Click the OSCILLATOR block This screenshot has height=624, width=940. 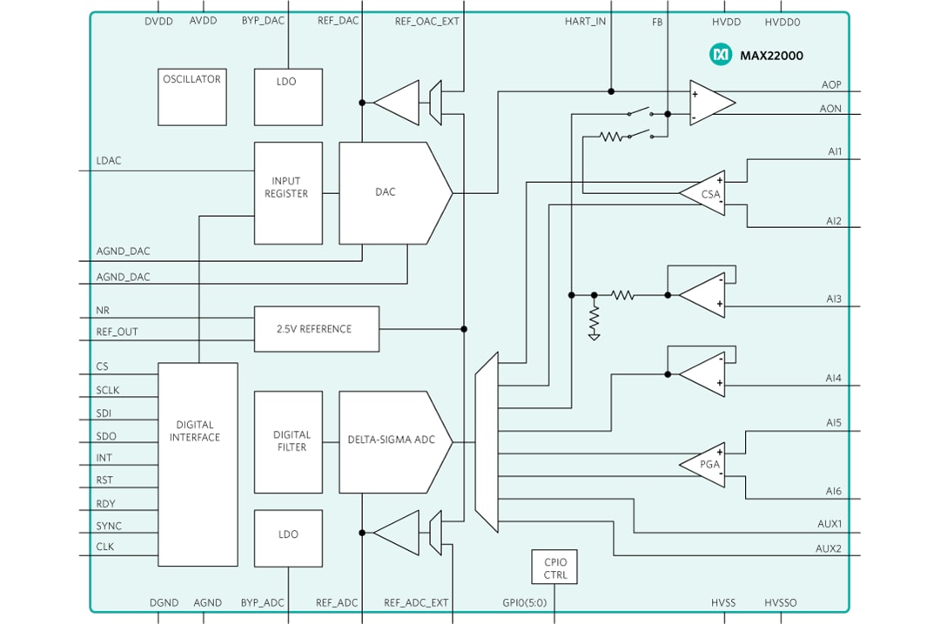191,97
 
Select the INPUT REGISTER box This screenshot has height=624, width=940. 288,192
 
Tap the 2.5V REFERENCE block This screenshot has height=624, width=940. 316,329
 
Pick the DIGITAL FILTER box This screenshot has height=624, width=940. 288,441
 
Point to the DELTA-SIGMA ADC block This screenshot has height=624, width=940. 392,440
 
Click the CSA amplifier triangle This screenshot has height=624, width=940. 707,193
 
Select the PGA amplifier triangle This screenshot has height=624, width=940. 707,463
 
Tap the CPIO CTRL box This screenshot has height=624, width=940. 554,567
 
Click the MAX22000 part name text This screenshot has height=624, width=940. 771,56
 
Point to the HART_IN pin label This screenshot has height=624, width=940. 585,22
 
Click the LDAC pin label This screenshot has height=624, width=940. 109,161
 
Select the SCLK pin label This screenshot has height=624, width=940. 110,391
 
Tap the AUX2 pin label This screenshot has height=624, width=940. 828,548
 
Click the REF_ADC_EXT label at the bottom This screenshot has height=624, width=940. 416,602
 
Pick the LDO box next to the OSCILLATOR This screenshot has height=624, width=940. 288,97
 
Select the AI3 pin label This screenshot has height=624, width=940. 834,299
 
